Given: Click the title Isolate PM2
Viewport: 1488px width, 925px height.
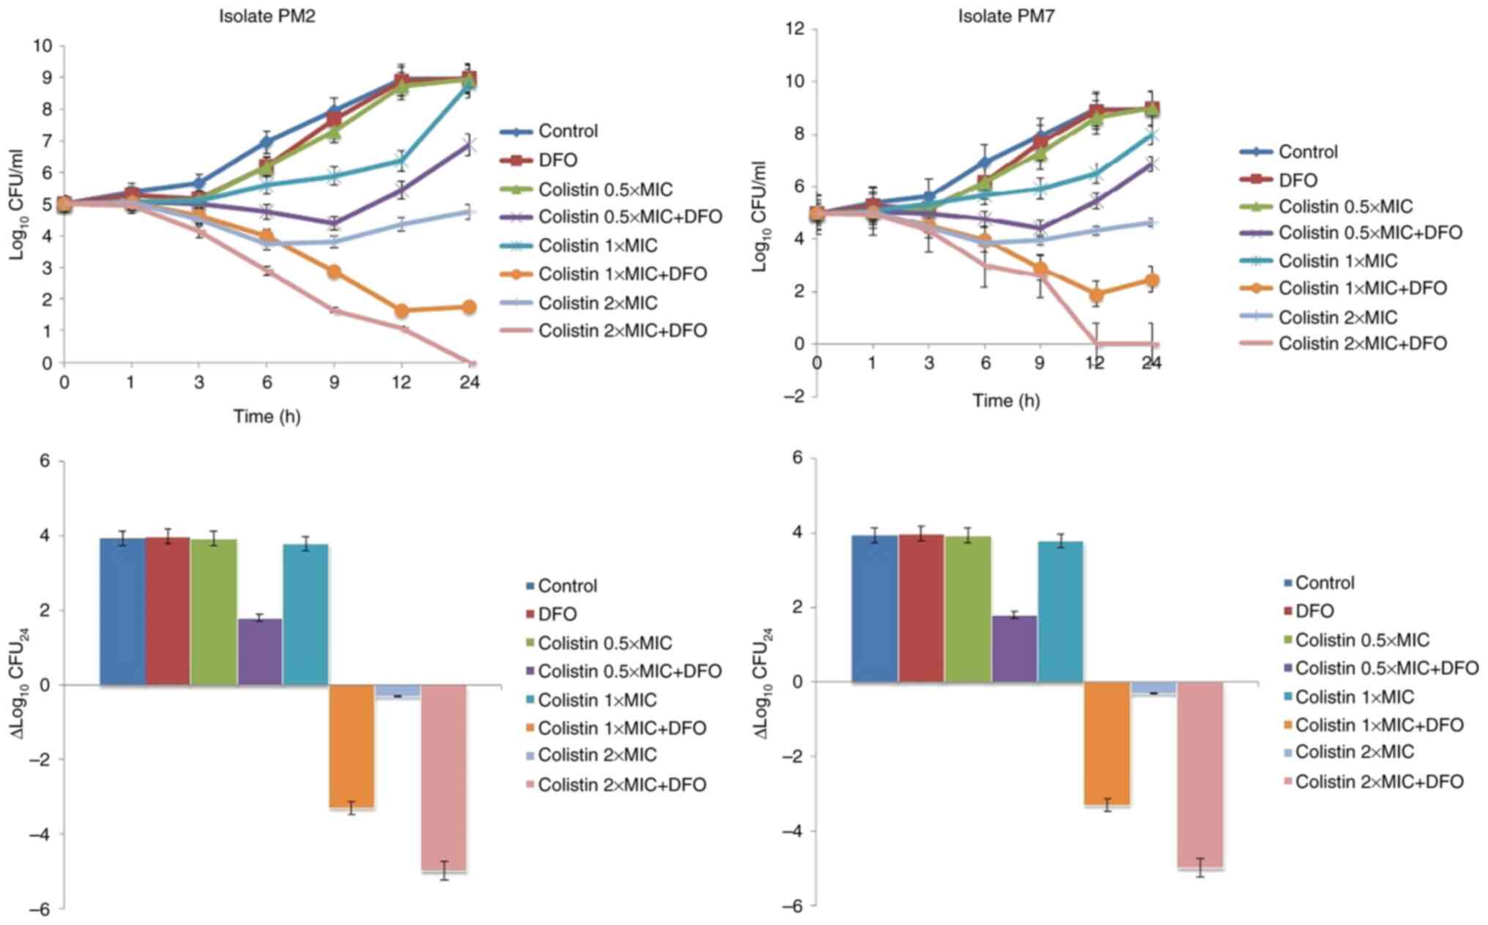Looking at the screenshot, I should coord(267,16).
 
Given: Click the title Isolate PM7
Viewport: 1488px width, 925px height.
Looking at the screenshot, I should coord(1006,16).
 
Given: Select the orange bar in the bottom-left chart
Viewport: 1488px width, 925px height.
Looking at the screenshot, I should coord(351,746).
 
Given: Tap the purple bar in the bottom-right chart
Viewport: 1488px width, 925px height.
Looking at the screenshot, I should coord(1014,649).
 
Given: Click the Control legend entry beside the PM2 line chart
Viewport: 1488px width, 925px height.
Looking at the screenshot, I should coord(568,131).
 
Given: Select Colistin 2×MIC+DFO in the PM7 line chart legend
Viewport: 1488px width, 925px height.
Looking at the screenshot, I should coord(1362,343).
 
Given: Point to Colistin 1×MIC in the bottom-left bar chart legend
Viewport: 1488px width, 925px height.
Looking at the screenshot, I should coord(598,700).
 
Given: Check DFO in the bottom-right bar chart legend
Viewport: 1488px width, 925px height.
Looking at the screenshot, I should coord(1314,611).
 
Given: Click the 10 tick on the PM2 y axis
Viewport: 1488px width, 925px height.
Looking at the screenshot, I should coord(42,45).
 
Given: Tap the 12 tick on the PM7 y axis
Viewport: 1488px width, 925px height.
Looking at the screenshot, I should coord(795,29).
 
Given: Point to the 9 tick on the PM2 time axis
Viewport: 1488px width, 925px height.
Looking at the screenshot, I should coord(334,382).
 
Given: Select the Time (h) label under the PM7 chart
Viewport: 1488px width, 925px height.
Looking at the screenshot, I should coord(1006,401).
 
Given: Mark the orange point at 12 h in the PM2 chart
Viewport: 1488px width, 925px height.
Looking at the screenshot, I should coord(401,311).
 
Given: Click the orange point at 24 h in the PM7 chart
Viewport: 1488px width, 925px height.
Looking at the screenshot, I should coord(1151,281).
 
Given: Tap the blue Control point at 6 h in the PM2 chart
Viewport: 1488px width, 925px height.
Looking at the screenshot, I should coord(267,141).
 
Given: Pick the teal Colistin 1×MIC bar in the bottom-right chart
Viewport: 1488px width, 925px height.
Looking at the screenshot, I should coord(1060,612).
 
